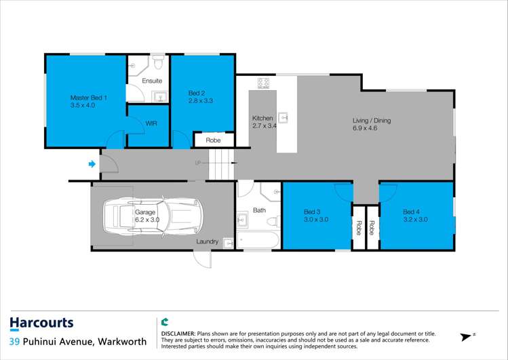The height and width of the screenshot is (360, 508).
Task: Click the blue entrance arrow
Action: pyautogui.click(x=92, y=164)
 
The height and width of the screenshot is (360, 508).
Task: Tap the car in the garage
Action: pyautogui.click(x=153, y=216)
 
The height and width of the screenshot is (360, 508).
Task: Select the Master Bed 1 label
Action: pyautogui.click(x=89, y=98)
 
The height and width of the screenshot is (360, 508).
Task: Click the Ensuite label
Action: pyautogui.click(x=152, y=81)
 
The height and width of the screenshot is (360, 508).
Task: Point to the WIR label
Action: pyautogui.click(x=151, y=123)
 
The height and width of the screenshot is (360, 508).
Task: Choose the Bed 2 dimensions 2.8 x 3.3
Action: pyautogui.click(x=201, y=101)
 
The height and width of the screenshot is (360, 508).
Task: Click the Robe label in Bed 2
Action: pyautogui.click(x=213, y=140)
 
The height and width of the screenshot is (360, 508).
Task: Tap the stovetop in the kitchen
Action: pyautogui.click(x=263, y=83)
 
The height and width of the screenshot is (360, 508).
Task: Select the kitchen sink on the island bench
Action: pyautogui.click(x=283, y=117)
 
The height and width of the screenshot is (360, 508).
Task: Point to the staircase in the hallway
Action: pyautogui.click(x=221, y=165)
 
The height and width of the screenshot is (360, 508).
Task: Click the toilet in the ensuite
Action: pyautogui.click(x=158, y=62)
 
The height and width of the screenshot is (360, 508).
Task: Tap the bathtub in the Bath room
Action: pyautogui.click(x=258, y=240)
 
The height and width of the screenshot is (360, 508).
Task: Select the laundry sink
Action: pyautogui.click(x=229, y=243)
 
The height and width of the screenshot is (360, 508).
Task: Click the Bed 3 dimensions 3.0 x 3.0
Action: pyautogui.click(x=316, y=220)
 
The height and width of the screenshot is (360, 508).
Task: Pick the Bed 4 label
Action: pyautogui.click(x=412, y=212)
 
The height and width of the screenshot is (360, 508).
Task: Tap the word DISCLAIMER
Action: pyautogui.click(x=178, y=334)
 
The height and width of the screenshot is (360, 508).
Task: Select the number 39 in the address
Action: pyautogui.click(x=14, y=342)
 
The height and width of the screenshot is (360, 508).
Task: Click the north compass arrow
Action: pyautogui.click(x=466, y=337)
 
